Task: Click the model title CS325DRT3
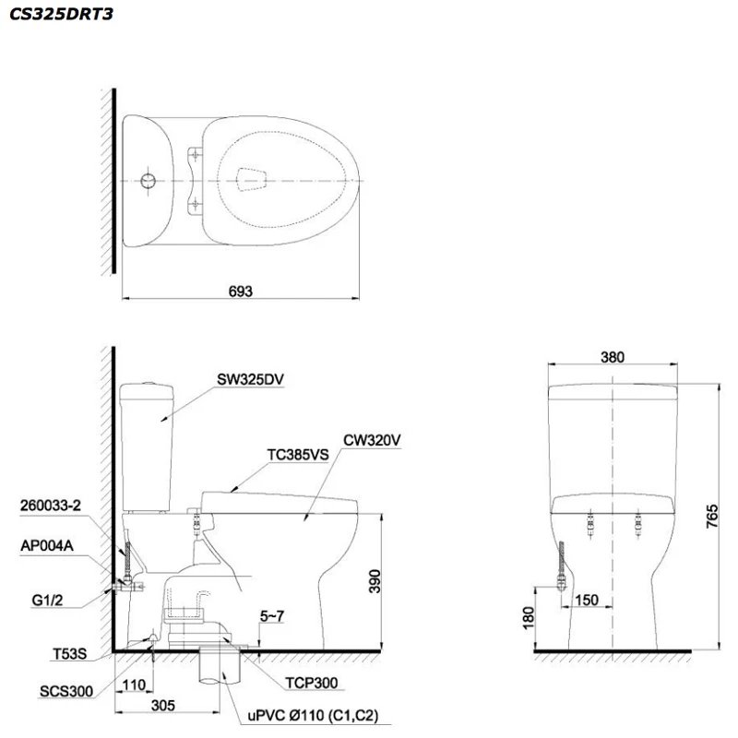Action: (56, 15)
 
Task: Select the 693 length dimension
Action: (242, 290)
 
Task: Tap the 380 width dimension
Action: (613, 357)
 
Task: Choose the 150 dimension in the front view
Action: (588, 601)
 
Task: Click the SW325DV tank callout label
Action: (245, 379)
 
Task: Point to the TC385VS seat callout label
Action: (297, 454)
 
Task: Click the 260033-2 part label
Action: (52, 506)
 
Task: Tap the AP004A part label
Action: (46, 545)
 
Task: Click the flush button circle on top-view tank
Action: (147, 180)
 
